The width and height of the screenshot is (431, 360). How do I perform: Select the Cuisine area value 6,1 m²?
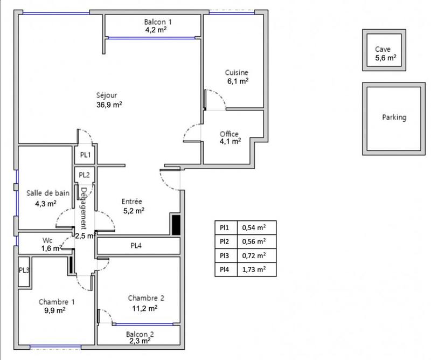point(238,81)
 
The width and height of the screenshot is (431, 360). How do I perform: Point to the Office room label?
point(229,134)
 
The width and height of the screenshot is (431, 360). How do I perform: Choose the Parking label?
point(394,117)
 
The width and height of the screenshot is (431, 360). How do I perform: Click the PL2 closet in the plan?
point(85,175)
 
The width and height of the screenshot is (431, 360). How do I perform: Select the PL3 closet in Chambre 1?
point(24,269)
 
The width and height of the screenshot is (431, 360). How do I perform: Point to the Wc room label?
point(47,240)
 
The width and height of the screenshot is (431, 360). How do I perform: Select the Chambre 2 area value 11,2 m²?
point(145,308)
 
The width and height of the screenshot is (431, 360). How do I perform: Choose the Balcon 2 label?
point(141,334)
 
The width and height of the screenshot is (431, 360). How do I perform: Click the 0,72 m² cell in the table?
point(254,255)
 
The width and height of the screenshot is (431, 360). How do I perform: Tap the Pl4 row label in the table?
point(225,269)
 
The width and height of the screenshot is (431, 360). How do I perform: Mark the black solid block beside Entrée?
point(176,224)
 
